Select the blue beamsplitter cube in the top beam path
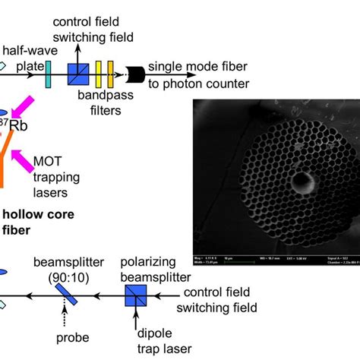click(x=77, y=74)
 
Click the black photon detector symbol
click(x=137, y=74)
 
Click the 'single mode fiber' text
click(x=189, y=67)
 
